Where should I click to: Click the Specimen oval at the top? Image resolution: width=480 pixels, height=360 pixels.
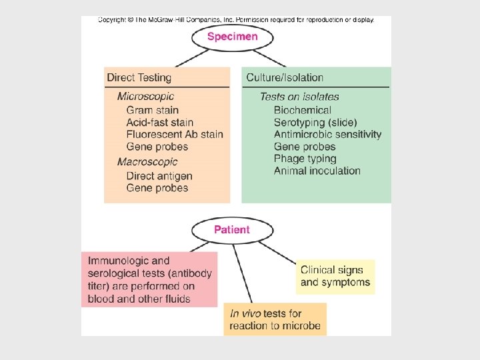[232, 37]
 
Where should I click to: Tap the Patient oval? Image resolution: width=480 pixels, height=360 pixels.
[232, 230]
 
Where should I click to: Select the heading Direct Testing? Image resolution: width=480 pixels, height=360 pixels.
[139, 78]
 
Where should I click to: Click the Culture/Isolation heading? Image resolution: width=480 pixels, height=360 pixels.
[285, 78]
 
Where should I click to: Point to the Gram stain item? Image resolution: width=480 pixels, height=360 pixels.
[152, 110]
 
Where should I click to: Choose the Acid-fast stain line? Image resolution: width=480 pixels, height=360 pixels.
[159, 122]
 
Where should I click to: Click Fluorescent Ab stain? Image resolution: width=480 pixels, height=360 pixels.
[174, 135]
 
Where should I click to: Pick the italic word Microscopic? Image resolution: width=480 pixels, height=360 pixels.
[145, 97]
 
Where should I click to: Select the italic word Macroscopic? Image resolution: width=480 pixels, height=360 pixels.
[147, 162]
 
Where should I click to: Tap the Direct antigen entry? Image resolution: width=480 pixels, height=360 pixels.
[159, 176]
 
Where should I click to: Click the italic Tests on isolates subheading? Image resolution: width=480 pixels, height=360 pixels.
[299, 97]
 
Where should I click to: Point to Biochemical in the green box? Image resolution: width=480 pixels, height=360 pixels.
[302, 110]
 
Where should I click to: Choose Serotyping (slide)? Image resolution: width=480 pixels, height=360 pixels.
[315, 122]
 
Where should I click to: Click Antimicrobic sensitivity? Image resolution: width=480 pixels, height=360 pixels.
[327, 135]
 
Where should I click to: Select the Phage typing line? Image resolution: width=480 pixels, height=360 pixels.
[305, 159]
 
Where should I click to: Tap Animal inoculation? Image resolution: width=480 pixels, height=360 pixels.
[317, 171]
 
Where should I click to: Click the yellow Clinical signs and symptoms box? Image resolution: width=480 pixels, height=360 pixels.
[335, 277]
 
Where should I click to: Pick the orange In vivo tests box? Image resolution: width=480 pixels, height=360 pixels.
[275, 319]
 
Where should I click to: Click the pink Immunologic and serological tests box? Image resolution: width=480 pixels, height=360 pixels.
[149, 279]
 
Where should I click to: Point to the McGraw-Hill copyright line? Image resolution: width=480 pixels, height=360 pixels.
[236, 20]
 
